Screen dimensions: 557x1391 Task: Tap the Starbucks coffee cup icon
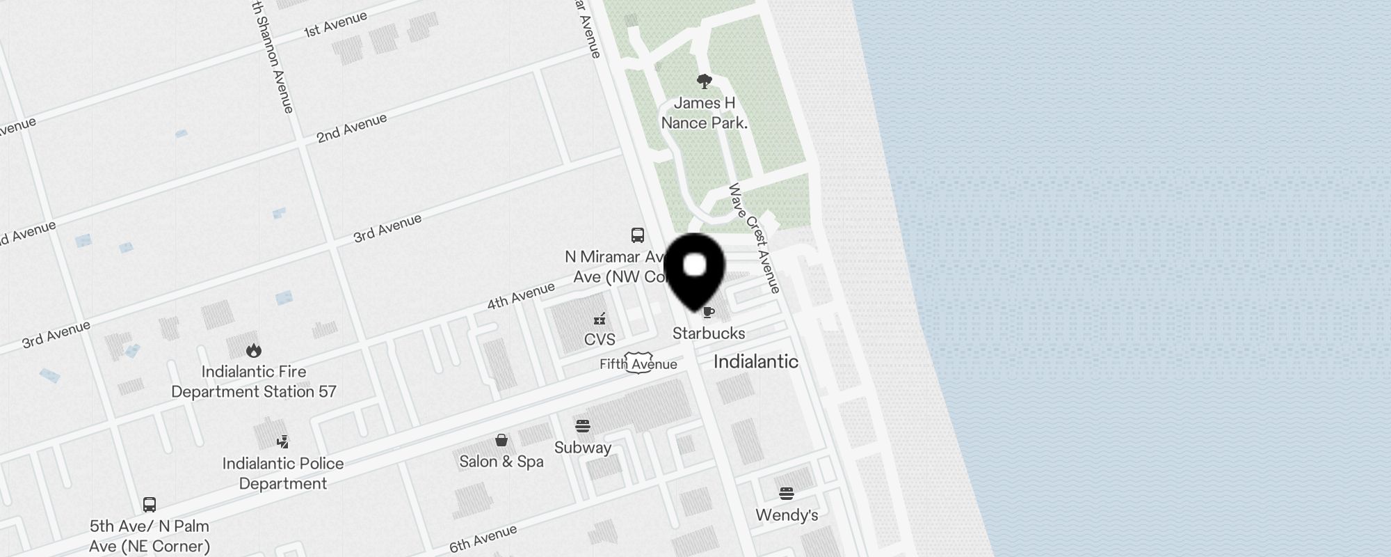pos(709,312)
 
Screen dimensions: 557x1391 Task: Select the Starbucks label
pos(709,334)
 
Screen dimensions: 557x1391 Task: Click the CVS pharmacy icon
pos(600,319)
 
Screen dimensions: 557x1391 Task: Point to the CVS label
pos(600,340)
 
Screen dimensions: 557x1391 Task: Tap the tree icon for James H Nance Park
pos(705,82)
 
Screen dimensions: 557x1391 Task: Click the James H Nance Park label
pos(705,113)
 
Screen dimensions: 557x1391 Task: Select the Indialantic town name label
pos(756,361)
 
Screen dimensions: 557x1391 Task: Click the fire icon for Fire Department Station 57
pos(254,350)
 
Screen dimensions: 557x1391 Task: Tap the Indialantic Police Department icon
pos(282,441)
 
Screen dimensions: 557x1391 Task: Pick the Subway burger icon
pos(583,426)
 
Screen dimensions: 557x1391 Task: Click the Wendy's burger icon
pos(787,494)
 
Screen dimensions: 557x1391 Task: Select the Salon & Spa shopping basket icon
pos(501,440)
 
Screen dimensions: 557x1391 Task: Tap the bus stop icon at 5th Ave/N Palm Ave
pos(150,504)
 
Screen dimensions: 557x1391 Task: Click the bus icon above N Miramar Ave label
pos(638,235)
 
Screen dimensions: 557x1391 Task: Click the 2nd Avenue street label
pos(351,129)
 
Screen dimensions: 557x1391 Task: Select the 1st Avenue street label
pos(335,24)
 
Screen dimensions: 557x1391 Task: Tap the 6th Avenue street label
pos(483,539)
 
